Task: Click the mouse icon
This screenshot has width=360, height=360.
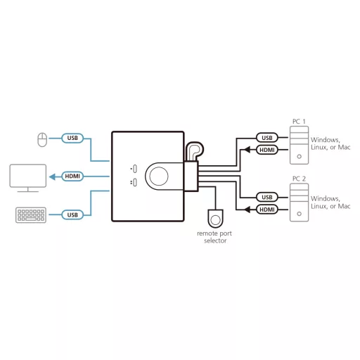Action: pyautogui.click(x=42, y=140)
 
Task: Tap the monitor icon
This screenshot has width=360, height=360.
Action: pyautogui.click(x=28, y=178)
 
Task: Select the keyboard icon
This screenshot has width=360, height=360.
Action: pyautogui.click(x=31, y=215)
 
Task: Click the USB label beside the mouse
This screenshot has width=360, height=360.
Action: pyautogui.click(x=72, y=138)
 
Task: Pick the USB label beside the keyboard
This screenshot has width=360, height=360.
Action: pyautogui.click(x=72, y=215)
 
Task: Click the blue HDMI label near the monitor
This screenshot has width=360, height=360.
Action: pyautogui.click(x=72, y=176)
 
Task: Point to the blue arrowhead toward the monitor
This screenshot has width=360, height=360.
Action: pyautogui.click(x=52, y=176)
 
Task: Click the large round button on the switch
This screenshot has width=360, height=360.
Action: pyautogui.click(x=159, y=176)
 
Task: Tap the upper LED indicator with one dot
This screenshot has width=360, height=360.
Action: pyautogui.click(x=135, y=169)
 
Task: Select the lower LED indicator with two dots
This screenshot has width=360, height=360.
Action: pyautogui.click(x=135, y=183)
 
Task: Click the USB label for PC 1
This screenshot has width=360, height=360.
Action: pyautogui.click(x=267, y=138)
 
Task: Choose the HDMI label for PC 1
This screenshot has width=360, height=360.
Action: pyautogui.click(x=267, y=150)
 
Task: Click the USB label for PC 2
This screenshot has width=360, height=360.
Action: pyautogui.click(x=267, y=197)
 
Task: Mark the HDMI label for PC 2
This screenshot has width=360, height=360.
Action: pyautogui.click(x=267, y=210)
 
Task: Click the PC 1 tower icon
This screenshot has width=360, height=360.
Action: pyautogui.click(x=299, y=145)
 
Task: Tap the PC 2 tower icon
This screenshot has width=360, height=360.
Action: pyautogui.click(x=299, y=202)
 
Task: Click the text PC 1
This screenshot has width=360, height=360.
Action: pyautogui.click(x=299, y=122)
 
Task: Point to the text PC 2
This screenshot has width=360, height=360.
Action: pyautogui.click(x=299, y=179)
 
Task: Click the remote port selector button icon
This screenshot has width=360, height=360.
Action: pyautogui.click(x=215, y=219)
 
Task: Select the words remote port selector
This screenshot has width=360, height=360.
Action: pyautogui.click(x=214, y=237)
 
